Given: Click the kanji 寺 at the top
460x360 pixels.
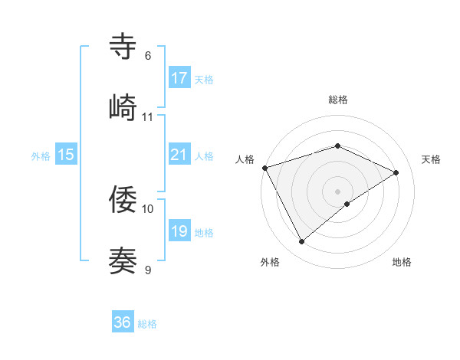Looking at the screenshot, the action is [x=123, y=46].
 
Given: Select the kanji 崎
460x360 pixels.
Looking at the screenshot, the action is [x=123, y=106].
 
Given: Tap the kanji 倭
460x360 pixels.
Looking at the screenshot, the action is [x=123, y=199].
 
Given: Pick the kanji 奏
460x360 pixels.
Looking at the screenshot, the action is [x=123, y=260].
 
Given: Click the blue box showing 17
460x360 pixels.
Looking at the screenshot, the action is [x=179, y=78].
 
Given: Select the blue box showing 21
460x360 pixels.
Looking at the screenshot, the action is [x=179, y=155].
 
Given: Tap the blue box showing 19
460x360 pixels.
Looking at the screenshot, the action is [x=179, y=231].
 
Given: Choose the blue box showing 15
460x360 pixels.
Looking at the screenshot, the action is [x=66, y=155].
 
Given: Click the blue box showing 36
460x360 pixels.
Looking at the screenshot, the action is [x=123, y=322].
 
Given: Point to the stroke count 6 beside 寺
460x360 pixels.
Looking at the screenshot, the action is [x=148, y=56].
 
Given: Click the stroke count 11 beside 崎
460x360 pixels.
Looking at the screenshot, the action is [x=148, y=117].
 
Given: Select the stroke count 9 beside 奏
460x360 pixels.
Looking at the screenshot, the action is [x=148, y=270].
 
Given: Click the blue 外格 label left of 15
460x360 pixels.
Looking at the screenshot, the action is [x=41, y=156].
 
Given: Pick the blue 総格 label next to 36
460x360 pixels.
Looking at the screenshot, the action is [x=147, y=324].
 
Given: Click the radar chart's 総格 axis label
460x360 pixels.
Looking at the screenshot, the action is [x=338, y=100].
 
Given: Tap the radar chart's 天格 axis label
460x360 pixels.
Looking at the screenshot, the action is [x=431, y=159].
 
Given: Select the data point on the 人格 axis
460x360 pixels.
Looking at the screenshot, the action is [x=264, y=167].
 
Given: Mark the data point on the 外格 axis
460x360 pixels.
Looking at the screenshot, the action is [x=301, y=242].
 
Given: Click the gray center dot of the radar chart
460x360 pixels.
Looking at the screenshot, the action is [x=338, y=191].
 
